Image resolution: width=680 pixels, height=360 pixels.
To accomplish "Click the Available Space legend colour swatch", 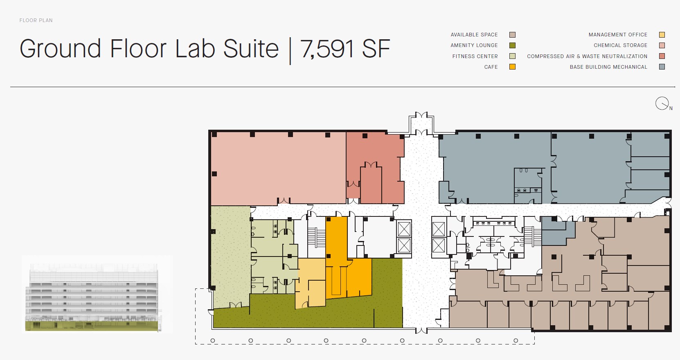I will coord(512,35).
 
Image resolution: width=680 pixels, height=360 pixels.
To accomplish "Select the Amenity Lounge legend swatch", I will coord(512,45).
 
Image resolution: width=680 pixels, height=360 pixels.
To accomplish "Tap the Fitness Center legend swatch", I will coord(512,56).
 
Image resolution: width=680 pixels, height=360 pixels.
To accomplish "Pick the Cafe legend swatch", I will coord(512,67).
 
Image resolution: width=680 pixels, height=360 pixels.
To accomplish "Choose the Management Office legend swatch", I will coord(662,35).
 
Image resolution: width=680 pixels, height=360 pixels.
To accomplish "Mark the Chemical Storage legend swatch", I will coord(662,45).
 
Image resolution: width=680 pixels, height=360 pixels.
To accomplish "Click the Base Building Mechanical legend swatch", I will coord(662,67).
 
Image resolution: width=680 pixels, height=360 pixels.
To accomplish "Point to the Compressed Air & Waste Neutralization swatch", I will coord(662,56).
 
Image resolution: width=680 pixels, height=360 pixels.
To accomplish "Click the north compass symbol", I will coord(662,103).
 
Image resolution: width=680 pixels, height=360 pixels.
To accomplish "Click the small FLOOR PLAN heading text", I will coord(36,20).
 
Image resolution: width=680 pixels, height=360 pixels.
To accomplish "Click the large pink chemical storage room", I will coord(278,168).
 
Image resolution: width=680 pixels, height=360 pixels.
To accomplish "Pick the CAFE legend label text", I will coord(491,67).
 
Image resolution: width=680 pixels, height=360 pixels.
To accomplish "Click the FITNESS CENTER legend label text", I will coord(475,56).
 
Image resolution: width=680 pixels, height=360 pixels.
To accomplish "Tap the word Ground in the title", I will coord(60,49).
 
